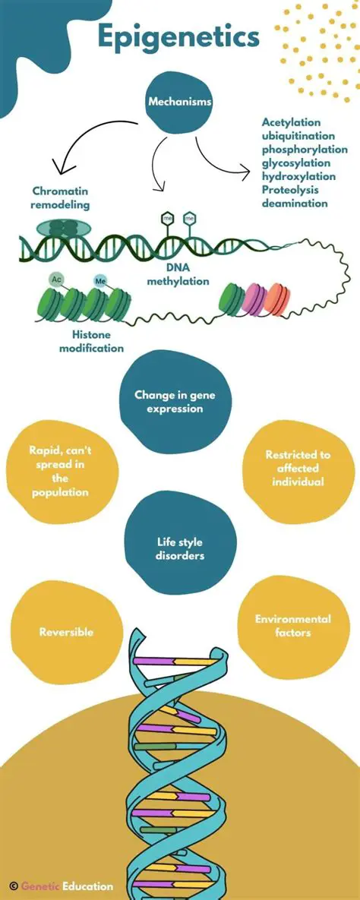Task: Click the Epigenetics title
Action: pos(178,36)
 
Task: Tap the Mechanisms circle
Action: pos(179,101)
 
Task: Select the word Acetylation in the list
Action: pos(291,122)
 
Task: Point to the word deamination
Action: pos(295,203)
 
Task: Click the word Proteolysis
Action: pos(290,190)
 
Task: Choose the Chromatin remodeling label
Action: pos(61,197)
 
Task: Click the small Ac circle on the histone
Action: pos(56,280)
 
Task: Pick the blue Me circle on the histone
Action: pos(100,281)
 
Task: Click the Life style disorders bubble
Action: pos(179,548)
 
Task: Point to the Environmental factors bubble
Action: pos(292,625)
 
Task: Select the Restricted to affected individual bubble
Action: pos(298,468)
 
